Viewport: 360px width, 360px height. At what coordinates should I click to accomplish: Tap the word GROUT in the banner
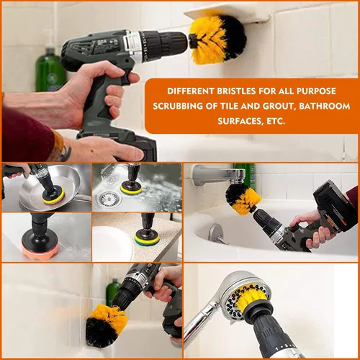click(x=278, y=107)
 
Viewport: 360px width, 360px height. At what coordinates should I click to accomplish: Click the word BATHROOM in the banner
click(x=325, y=106)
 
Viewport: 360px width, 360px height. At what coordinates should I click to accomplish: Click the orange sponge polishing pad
click(x=40, y=250)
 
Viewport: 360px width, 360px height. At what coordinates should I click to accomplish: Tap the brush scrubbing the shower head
click(x=251, y=297)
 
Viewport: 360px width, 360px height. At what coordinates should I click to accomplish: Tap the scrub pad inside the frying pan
click(x=53, y=197)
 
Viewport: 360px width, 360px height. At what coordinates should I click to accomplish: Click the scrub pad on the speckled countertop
click(x=147, y=236)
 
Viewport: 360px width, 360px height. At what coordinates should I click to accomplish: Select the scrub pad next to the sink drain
click(x=131, y=189)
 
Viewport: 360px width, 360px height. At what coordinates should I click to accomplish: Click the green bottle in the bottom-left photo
click(x=113, y=293)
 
